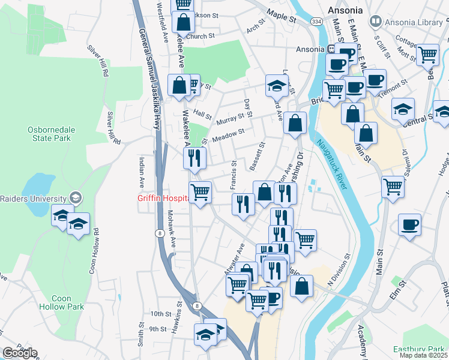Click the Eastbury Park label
click(x=418, y=349)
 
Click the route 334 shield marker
click(x=315, y=21)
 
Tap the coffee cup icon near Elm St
click(x=410, y=226)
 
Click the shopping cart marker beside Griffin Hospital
click(x=200, y=193)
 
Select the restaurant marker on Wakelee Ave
click(x=194, y=158)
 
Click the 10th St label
click(x=160, y=314)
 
